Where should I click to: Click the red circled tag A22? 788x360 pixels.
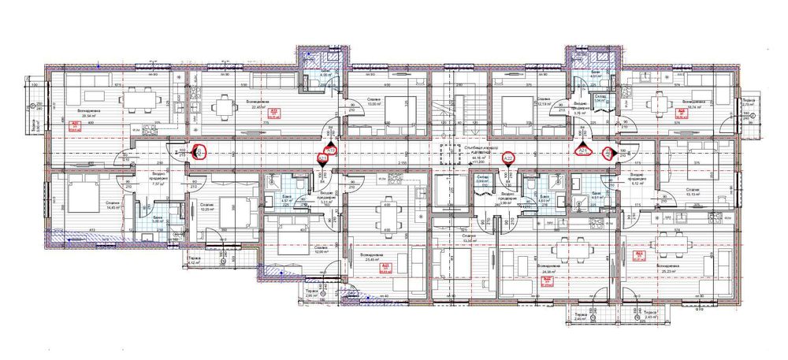click(508, 158)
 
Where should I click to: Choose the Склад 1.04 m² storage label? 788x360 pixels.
click(598, 99)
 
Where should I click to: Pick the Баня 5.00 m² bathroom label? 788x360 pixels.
click(157, 219)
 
